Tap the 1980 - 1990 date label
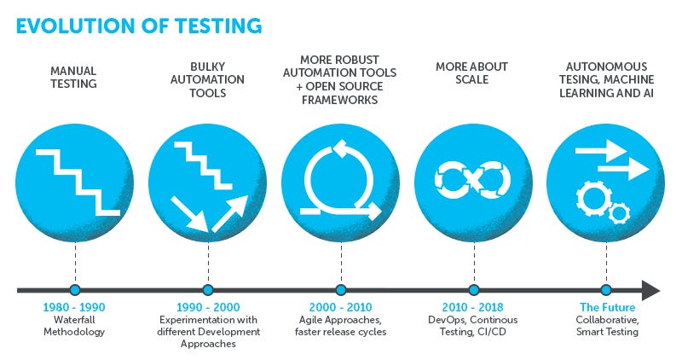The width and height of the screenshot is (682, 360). click(x=74, y=307)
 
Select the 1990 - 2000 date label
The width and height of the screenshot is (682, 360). click(x=207, y=307)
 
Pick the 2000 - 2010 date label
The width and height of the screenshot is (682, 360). click(x=340, y=307)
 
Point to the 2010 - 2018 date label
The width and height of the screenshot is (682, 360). click(x=473, y=307)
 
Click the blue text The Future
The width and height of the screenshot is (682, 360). click(x=606, y=307)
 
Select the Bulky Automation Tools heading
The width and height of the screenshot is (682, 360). click(x=207, y=80)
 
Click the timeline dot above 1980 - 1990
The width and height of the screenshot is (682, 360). click(x=74, y=290)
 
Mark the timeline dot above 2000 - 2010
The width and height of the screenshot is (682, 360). click(x=340, y=290)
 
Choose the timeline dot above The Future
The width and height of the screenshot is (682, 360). click(x=606, y=290)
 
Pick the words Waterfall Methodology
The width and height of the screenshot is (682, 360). click(x=74, y=325)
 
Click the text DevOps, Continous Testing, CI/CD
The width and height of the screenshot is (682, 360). click(x=473, y=325)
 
